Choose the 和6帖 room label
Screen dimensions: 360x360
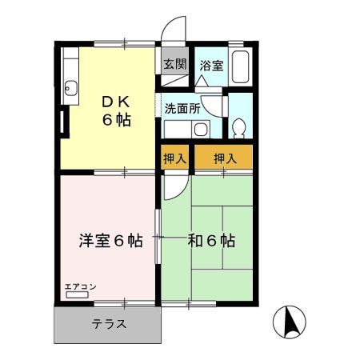pos(211,240)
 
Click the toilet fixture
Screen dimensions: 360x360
pos(238,128)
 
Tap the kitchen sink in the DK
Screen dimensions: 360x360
pos(71,88)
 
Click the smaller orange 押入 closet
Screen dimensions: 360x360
pos(175,158)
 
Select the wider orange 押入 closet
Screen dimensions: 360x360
pos(225,158)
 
